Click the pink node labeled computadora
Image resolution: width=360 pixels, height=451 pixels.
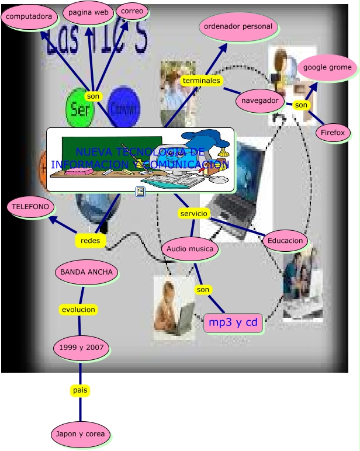click(29, 16)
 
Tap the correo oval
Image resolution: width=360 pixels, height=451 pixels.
click(132, 11)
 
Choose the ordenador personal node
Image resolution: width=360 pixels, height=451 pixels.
click(238, 26)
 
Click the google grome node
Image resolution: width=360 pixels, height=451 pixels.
click(327, 67)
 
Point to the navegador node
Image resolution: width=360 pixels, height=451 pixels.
click(260, 100)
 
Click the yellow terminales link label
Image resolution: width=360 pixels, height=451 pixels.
click(201, 80)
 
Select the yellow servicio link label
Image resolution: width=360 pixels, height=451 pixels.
click(194, 214)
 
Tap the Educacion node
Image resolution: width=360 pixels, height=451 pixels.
click(285, 240)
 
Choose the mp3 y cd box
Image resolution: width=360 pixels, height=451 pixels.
click(233, 322)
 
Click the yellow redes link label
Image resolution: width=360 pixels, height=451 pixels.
click(90, 240)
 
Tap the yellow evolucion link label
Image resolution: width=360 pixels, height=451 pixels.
click(78, 309)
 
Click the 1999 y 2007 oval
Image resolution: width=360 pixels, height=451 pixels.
click(81, 348)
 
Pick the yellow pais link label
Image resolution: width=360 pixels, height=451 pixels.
click(80, 390)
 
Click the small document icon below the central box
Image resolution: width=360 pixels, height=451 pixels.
click(140, 191)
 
